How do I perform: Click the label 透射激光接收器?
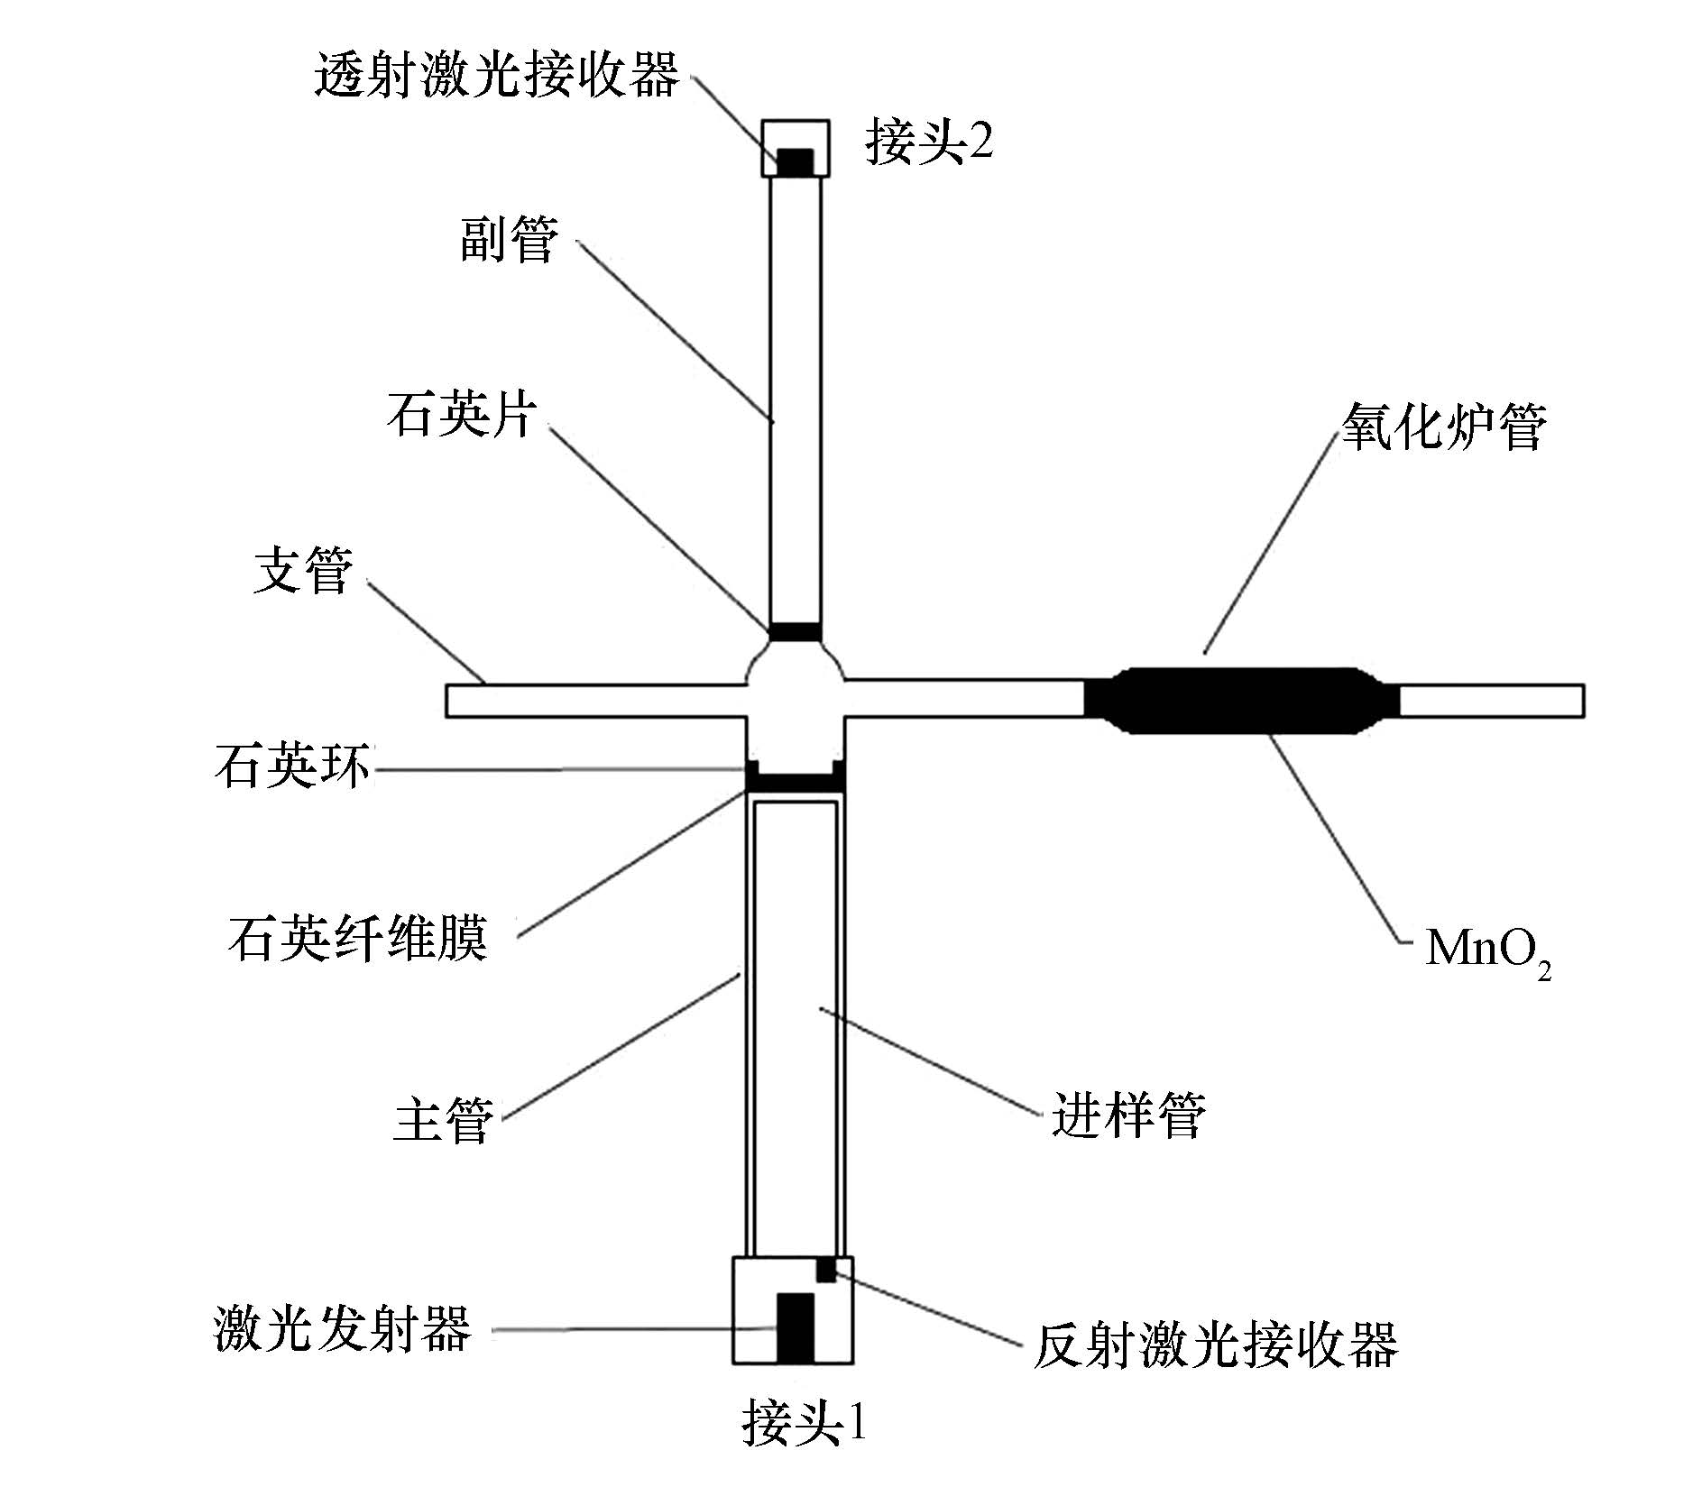pyautogui.click(x=497, y=74)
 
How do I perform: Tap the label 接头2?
pyautogui.click(x=928, y=142)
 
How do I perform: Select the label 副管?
pyautogui.click(x=510, y=240)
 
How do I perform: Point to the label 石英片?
pyautogui.click(x=462, y=416)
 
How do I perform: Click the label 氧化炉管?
pyautogui.click(x=1443, y=427)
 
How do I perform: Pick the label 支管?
pyautogui.click(x=303, y=571)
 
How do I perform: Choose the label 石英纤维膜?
pyautogui.click(x=358, y=938)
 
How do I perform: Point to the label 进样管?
pyautogui.click(x=1128, y=1115)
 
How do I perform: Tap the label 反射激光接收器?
pyautogui.click(x=1215, y=1345)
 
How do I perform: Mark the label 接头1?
pyautogui.click(x=804, y=1423)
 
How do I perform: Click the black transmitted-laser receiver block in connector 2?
pyautogui.click(x=796, y=162)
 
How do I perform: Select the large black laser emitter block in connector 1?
pyautogui.click(x=796, y=1327)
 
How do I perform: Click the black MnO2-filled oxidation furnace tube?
pyautogui.click(x=1240, y=700)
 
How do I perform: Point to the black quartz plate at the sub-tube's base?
pyautogui.click(x=796, y=631)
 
